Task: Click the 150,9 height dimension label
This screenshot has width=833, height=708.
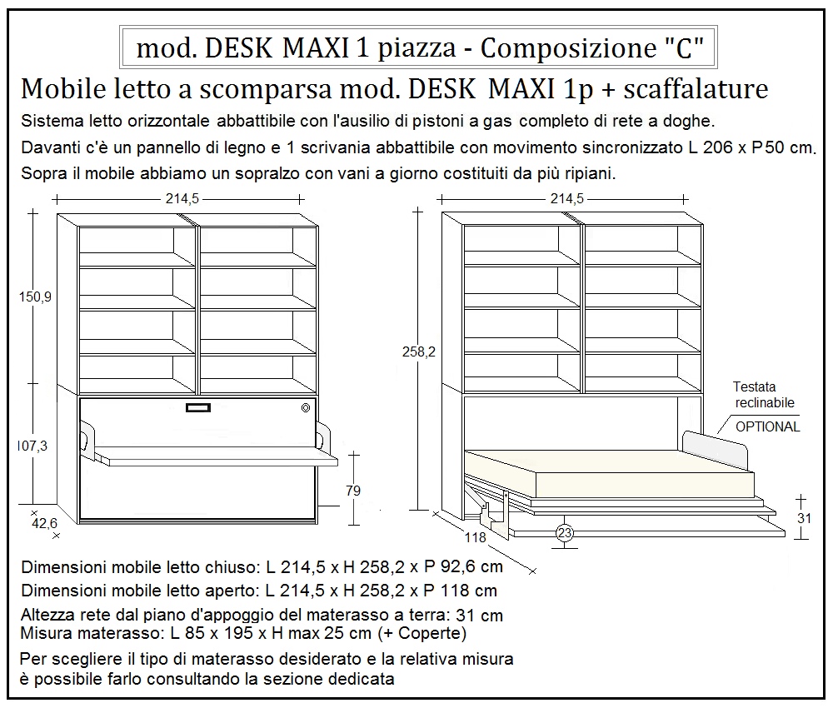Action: tap(35, 296)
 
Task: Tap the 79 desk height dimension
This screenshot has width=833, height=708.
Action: tap(353, 491)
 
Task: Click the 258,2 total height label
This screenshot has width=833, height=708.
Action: tap(419, 353)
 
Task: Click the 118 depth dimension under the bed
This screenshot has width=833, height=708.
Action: tap(475, 538)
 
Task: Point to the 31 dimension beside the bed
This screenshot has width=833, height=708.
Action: tap(805, 517)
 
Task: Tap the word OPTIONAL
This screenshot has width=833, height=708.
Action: tap(768, 426)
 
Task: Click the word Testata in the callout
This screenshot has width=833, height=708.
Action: tap(754, 387)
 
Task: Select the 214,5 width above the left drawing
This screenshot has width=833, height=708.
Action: tap(177, 198)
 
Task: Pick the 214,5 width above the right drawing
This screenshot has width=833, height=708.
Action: tap(566, 198)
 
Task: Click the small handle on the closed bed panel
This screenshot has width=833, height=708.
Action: tap(198, 407)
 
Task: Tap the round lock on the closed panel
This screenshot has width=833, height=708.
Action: tap(306, 407)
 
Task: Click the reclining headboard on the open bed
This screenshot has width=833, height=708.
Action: tap(715, 447)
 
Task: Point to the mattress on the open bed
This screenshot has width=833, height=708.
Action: tap(600, 475)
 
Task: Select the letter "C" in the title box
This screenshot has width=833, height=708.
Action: tap(685, 48)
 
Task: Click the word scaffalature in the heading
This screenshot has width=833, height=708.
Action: tap(696, 89)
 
